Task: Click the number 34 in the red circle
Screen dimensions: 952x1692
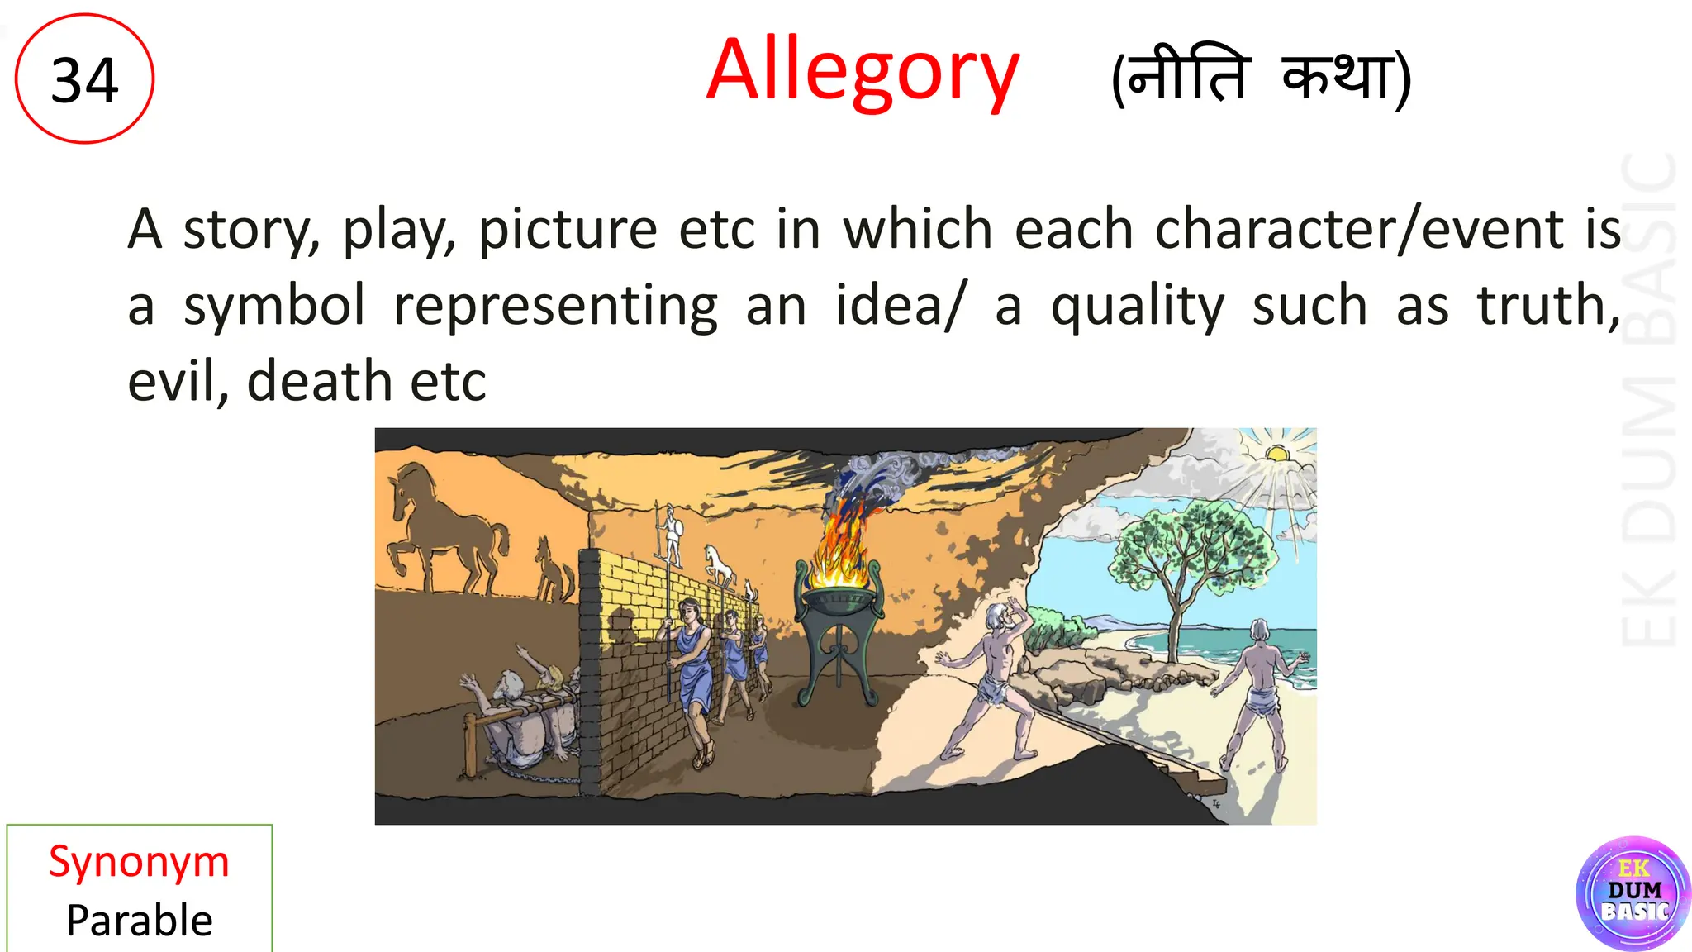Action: pyautogui.click(x=84, y=80)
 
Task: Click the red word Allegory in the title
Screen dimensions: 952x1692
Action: pyautogui.click(x=863, y=72)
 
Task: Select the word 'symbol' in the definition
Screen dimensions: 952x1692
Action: pyautogui.click(x=273, y=305)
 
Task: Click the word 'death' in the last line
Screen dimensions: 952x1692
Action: pyautogui.click(x=319, y=381)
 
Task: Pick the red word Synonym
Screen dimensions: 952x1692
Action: pyautogui.click(x=139, y=862)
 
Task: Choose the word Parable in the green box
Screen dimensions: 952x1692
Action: pyautogui.click(x=139, y=920)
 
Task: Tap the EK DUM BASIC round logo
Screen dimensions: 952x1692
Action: pyautogui.click(x=1633, y=893)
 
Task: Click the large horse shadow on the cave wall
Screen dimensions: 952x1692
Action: pyautogui.click(x=446, y=529)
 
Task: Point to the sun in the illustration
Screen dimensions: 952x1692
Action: pyautogui.click(x=1277, y=454)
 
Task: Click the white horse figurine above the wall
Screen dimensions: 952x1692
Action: pyautogui.click(x=718, y=565)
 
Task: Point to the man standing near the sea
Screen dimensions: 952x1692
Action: pyautogui.click(x=1260, y=690)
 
